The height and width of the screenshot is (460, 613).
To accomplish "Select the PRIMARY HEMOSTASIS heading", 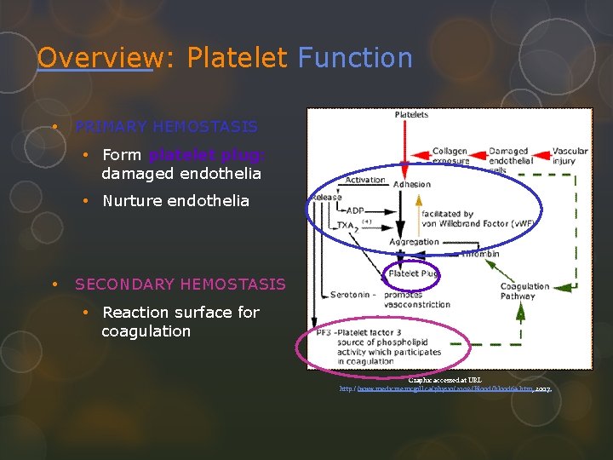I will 166,127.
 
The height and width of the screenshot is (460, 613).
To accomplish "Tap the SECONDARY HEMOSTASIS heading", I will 180,284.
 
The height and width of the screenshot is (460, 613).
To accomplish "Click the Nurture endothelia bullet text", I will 175,201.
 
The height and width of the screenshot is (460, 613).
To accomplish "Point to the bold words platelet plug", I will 207,155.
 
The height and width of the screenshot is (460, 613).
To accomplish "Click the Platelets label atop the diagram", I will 411,115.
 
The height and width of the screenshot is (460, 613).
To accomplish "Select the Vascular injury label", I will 570,157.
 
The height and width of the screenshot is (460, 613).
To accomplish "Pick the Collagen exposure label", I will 450,157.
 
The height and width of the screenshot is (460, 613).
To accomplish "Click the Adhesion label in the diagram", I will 413,184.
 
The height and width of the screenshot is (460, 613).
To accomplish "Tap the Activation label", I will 365,180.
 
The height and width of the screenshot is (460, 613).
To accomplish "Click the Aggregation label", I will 415,242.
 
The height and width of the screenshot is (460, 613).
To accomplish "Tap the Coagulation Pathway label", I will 524,291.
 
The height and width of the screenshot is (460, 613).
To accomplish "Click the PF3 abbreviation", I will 323,332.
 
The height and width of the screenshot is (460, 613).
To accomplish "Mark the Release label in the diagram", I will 327,197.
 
